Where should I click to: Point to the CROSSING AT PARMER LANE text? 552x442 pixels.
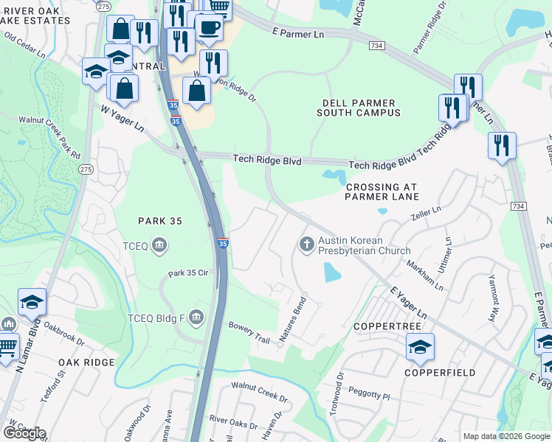pyautogui.click(x=382, y=192)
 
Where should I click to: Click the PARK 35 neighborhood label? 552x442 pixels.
pyautogui.click(x=160, y=221)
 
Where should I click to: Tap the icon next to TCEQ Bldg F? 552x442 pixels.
pyautogui.click(x=196, y=318)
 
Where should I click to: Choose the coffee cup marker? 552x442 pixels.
pyautogui.click(x=209, y=28)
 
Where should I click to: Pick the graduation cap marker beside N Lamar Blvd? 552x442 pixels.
pyautogui.click(x=32, y=301)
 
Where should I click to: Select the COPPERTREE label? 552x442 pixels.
pyautogui.click(x=387, y=326)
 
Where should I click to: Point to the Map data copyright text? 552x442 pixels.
pyautogui.click(x=506, y=436)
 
